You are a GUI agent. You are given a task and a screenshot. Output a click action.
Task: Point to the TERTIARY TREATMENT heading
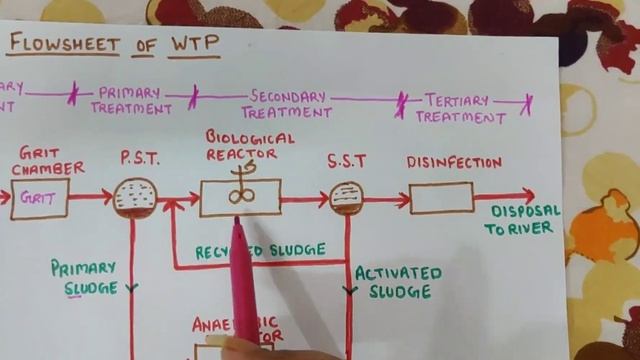click(459, 108)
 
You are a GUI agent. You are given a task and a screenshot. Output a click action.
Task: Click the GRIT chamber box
click(40, 199)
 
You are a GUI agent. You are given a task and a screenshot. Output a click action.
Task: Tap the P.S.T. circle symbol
click(135, 198)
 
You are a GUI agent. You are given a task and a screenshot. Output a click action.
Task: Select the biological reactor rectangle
click(240, 198)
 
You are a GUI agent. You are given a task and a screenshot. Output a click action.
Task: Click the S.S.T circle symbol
click(343, 198)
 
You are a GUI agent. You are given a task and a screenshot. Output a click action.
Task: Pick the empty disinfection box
click(441, 198)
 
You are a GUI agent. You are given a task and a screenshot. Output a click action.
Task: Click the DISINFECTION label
click(454, 162)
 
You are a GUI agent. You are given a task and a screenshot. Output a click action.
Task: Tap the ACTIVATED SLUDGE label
click(398, 282)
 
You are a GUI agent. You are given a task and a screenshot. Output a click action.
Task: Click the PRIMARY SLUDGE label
click(85, 277)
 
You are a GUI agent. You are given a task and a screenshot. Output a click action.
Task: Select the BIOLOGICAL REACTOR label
click(249, 145)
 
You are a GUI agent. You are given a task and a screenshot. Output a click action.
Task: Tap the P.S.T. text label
click(140, 157)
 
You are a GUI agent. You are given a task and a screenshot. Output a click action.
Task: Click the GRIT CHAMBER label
click(46, 161)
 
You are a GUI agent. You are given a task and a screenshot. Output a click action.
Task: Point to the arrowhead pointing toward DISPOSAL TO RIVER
click(527, 196)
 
